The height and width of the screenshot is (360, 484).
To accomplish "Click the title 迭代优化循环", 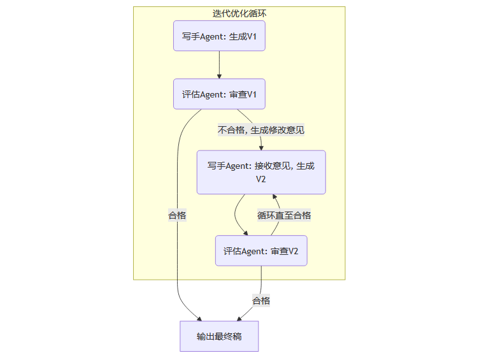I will [239, 13].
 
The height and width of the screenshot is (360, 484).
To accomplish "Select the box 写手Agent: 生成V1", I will [219, 36].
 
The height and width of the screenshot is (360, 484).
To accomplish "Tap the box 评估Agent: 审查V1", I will [219, 94].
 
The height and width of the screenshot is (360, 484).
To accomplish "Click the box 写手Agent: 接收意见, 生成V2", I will [261, 172].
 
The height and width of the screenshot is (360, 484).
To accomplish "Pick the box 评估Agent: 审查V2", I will [261, 251].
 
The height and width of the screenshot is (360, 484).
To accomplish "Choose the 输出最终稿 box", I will [219, 336].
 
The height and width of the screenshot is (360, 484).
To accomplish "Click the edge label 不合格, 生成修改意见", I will [261, 130].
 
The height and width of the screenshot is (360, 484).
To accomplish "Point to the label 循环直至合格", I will [284, 215].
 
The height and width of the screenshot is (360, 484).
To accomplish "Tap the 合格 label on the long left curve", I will [177, 215].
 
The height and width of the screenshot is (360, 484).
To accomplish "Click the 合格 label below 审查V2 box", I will [261, 300].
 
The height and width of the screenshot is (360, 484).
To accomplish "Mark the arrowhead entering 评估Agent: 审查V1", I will [219, 76].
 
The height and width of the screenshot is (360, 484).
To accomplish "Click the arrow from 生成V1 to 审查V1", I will [219, 64].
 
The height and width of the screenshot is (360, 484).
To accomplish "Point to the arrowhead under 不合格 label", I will [261, 147].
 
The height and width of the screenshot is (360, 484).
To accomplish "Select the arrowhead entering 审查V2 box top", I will [246, 233].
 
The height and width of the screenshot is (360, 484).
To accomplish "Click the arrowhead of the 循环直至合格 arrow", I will [275, 197].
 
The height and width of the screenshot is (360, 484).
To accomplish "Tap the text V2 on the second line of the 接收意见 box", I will [261, 180].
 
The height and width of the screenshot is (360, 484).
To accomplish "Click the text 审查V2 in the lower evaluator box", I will [285, 251].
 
